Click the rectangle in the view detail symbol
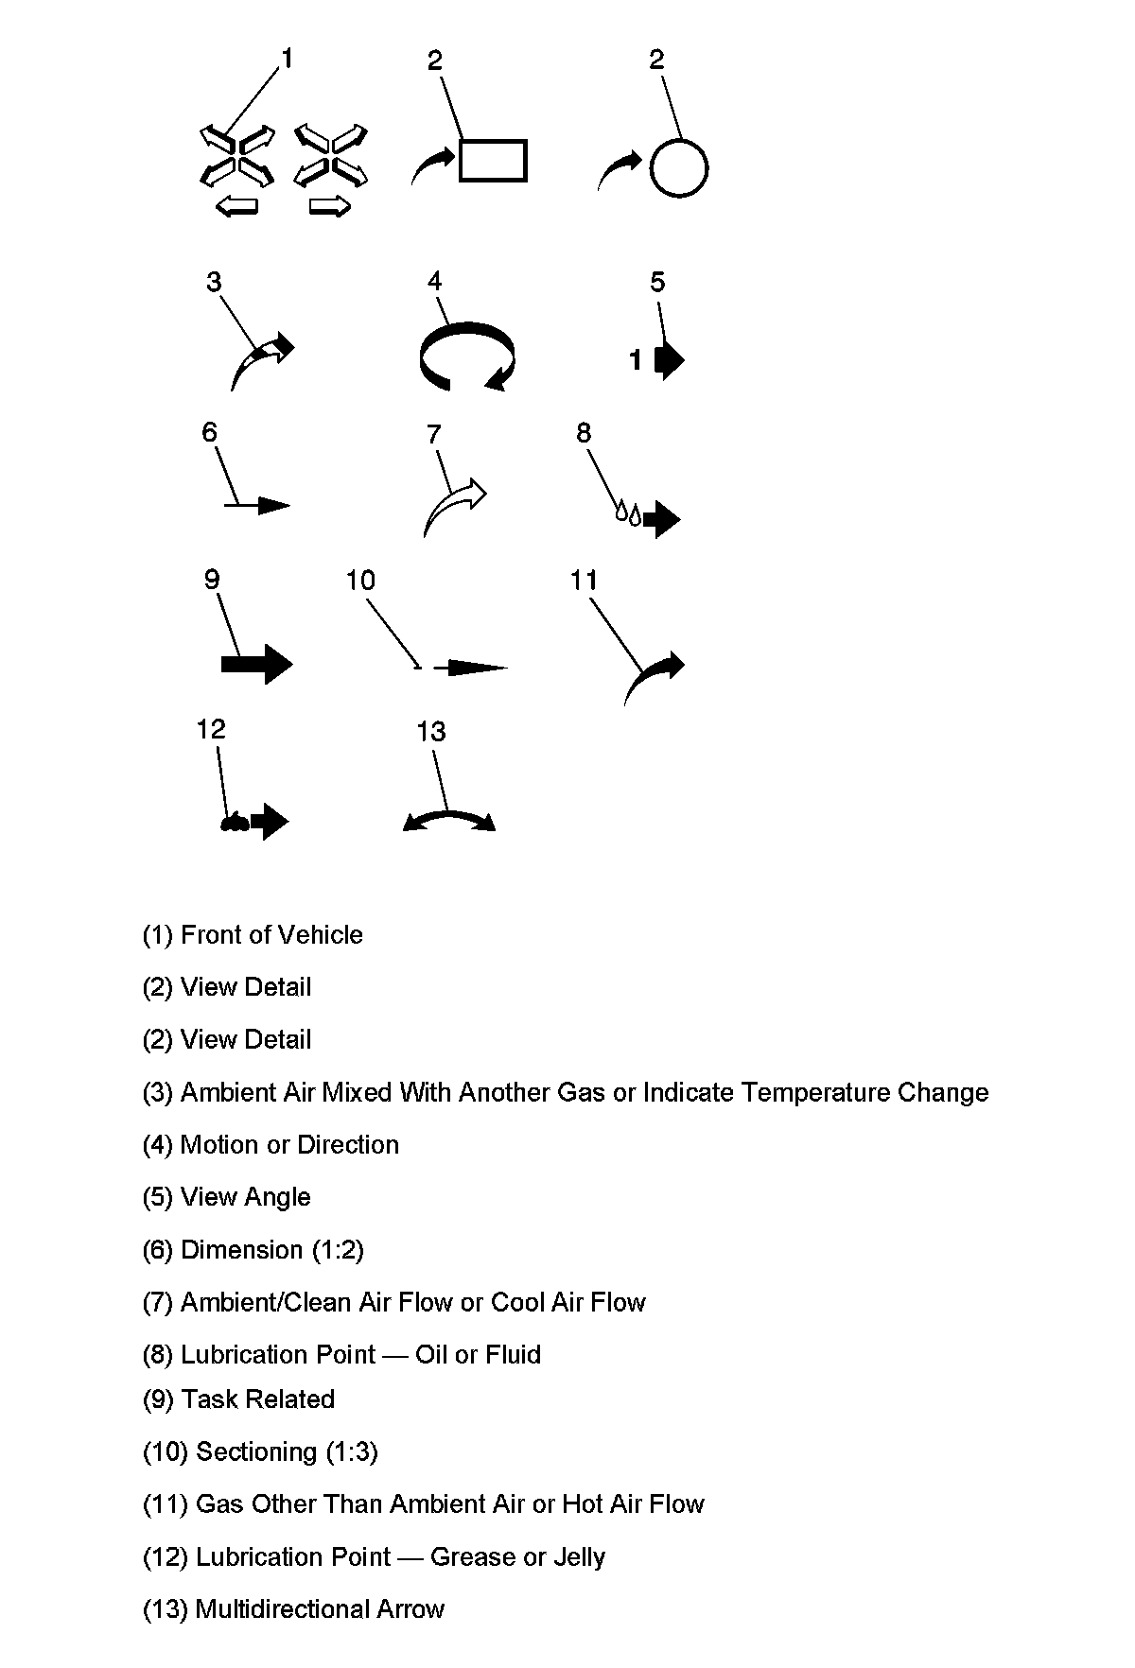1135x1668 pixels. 493,160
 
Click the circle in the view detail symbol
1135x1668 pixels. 679,168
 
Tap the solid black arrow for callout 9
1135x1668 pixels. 257,664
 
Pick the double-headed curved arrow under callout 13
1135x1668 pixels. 449,819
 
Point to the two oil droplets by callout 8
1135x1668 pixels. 629,513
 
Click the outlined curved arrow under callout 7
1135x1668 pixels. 454,507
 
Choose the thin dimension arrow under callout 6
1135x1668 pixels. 258,506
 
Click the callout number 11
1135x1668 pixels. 584,580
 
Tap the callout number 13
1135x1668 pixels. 431,731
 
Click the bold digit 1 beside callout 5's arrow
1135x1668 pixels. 637,360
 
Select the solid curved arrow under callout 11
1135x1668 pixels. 654,675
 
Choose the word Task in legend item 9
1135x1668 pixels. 206,1399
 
